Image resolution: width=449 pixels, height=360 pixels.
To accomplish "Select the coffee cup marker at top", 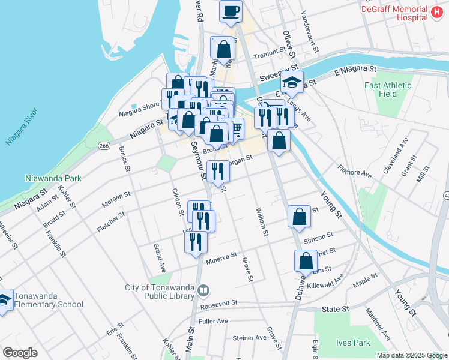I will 231,11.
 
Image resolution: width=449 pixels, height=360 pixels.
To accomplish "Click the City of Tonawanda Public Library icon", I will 203,291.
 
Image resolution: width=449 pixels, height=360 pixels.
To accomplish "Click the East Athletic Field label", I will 388,89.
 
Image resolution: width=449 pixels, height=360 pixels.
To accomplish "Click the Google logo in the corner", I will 20,352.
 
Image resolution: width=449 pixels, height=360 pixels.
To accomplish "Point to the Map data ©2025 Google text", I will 412,355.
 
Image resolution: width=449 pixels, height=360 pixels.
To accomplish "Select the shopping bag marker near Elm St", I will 306,262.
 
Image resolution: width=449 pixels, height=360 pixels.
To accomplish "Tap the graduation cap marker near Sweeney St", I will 292,83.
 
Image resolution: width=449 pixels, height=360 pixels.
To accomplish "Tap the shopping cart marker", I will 237,127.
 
